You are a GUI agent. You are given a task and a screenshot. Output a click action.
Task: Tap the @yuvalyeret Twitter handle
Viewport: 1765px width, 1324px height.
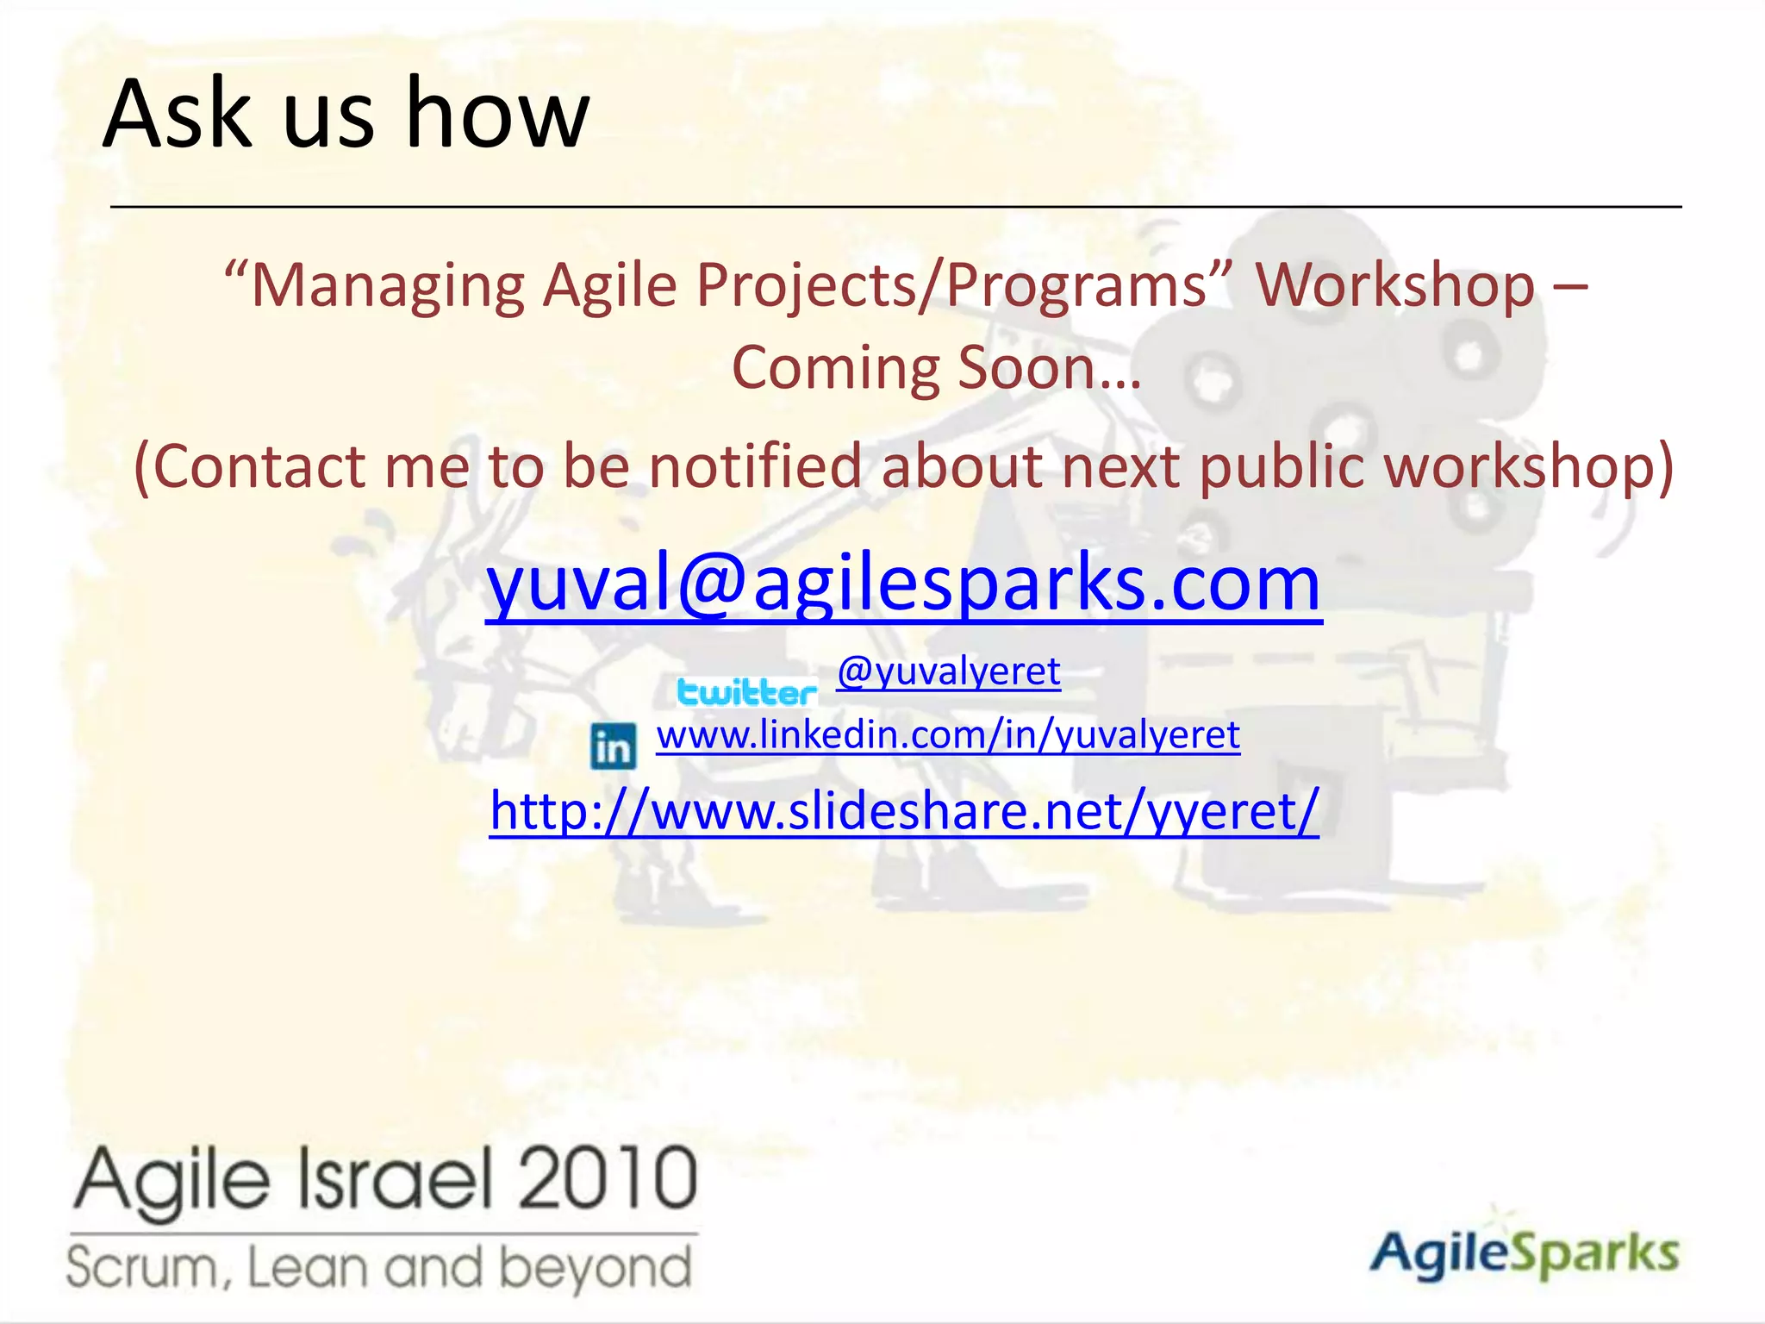pos(948,671)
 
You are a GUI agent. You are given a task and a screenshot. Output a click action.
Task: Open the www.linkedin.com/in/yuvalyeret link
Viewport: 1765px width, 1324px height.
pos(948,735)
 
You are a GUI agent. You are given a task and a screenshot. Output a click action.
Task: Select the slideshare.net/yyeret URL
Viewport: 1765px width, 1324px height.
pos(904,811)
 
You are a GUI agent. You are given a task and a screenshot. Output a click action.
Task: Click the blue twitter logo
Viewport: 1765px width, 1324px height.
pos(746,692)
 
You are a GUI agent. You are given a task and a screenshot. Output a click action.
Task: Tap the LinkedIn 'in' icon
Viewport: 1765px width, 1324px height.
pos(614,746)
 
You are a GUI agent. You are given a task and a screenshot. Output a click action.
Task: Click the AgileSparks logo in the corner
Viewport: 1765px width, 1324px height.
pos(1524,1252)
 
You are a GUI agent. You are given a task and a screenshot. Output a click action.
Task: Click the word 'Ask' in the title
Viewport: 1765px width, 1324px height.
pos(178,114)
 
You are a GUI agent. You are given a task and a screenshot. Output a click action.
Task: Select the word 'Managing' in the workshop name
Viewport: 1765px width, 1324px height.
pos(388,287)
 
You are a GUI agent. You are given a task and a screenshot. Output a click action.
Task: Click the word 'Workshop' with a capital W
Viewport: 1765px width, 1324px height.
pos(1394,285)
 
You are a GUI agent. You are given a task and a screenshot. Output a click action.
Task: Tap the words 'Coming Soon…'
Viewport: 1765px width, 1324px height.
pos(937,368)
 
